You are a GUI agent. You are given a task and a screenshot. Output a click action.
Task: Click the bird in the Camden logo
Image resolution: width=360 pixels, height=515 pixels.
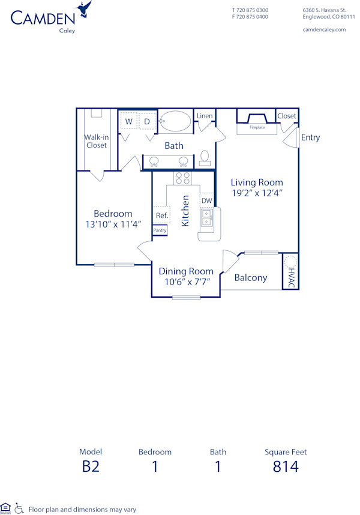point(85,10)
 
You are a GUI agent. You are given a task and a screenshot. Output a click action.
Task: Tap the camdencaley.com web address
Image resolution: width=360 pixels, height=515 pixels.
point(324,29)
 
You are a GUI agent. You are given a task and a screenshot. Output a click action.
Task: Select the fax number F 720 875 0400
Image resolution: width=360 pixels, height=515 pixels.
point(250,17)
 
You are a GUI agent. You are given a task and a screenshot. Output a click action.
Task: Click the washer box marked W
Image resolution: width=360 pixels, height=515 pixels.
point(128,121)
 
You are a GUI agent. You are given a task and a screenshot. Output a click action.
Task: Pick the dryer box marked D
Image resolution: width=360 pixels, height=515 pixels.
point(146,121)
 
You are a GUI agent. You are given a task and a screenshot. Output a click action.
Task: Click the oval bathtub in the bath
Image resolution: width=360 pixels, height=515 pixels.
point(175,121)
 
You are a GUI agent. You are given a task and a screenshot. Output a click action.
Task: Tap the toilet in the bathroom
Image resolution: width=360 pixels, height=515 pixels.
point(205,157)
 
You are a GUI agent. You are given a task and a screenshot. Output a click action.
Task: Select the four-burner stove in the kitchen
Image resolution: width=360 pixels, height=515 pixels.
point(182,178)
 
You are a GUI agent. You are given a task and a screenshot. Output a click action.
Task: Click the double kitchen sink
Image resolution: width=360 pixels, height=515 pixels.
point(206,217)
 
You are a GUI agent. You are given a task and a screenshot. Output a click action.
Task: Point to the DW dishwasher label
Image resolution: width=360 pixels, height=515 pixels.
point(206,200)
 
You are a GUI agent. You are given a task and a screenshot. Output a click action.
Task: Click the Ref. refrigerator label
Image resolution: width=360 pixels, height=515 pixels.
point(161,215)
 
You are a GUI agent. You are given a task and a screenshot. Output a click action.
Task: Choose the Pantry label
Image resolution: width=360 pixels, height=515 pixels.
point(160,230)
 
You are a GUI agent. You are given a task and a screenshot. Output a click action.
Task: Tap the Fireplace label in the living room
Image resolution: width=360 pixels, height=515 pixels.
point(257,127)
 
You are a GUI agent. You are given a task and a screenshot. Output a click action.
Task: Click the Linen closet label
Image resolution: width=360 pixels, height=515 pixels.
point(205,115)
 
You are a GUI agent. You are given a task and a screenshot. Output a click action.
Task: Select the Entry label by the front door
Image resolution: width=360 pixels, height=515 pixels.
point(310,137)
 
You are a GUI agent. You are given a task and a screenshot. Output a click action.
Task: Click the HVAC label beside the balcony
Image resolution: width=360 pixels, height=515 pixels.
point(291,278)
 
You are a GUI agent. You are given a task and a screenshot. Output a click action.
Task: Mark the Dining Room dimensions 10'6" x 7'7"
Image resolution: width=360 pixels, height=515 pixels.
point(186,282)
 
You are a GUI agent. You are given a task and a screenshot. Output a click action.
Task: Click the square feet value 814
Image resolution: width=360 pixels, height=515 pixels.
point(286,466)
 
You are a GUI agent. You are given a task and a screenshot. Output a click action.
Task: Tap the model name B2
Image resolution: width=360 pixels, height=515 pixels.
point(91,466)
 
